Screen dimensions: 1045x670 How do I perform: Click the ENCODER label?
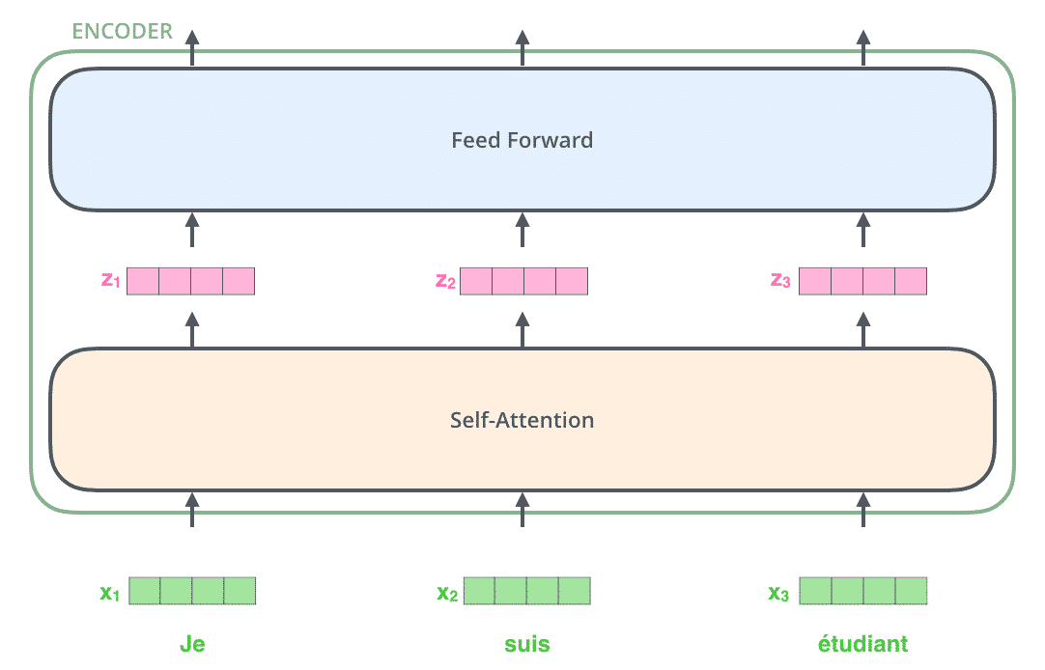pyautogui.click(x=122, y=31)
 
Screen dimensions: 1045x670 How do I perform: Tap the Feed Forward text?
pyautogui.click(x=522, y=140)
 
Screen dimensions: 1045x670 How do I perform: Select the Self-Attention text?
pyautogui.click(x=522, y=420)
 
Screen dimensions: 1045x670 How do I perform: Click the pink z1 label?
pyautogui.click(x=111, y=280)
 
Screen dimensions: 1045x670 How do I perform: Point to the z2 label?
pyautogui.click(x=445, y=281)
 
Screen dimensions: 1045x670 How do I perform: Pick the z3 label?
pyautogui.click(x=780, y=280)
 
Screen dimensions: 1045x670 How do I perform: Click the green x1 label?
pyautogui.click(x=109, y=592)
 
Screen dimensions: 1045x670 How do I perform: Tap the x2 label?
pyautogui.click(x=447, y=592)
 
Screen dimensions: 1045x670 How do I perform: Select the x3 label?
pyautogui.click(x=778, y=592)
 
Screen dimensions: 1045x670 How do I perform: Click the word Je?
pyautogui.click(x=192, y=644)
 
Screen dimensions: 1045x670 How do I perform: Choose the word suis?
pyautogui.click(x=526, y=644)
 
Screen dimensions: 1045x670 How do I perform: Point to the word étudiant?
pyautogui.click(x=862, y=643)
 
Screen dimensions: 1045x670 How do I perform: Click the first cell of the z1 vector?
pyautogui.click(x=143, y=281)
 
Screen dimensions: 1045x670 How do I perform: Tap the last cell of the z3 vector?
pyautogui.click(x=911, y=281)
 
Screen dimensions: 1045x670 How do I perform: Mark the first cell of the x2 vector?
pyautogui.click(x=479, y=591)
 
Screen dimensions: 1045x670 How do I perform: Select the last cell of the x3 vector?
pyautogui.click(x=911, y=591)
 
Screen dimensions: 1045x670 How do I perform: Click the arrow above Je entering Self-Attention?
pyautogui.click(x=192, y=510)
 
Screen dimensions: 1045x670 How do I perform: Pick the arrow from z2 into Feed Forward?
pyautogui.click(x=522, y=231)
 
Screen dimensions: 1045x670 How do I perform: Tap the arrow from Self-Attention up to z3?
pyautogui.click(x=863, y=329)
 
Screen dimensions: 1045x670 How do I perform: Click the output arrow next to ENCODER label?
pyautogui.click(x=192, y=48)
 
